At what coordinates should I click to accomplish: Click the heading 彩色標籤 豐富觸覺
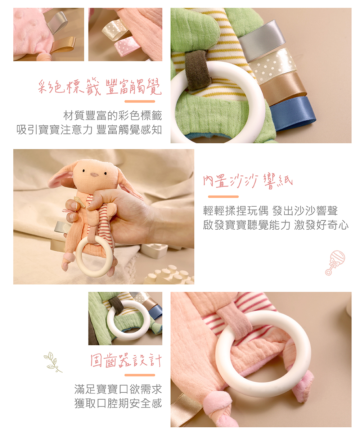100,87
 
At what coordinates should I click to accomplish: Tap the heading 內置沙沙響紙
248,181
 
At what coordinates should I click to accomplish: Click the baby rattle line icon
335,262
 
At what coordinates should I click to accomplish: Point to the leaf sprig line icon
53,362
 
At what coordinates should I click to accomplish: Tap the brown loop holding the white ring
198,70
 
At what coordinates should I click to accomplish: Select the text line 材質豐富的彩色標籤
113,116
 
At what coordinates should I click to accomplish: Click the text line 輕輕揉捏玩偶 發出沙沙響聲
270,211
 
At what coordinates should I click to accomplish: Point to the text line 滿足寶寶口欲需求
118,389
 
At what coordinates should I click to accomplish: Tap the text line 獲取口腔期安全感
118,403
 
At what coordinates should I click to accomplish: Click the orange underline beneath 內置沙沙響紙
223,197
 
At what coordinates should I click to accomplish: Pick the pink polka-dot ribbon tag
127,46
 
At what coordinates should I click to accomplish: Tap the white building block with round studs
170,275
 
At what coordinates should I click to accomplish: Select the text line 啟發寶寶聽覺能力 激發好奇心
276,225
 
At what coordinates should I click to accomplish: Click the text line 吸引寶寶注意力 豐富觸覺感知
89,130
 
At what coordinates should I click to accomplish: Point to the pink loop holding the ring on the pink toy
237,320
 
